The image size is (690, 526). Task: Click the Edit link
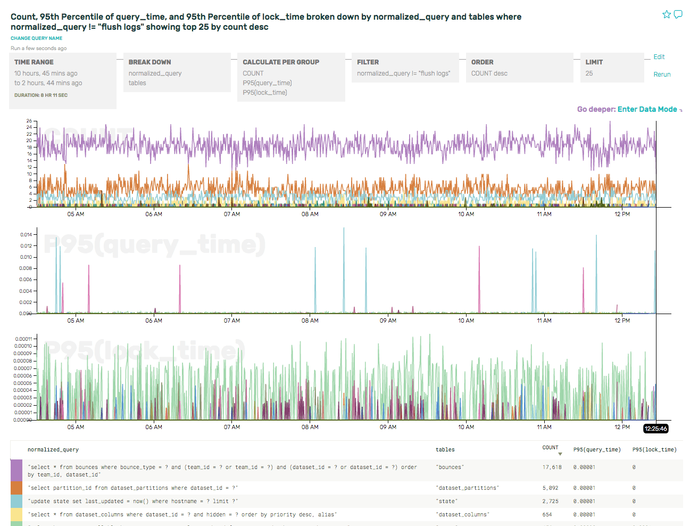pos(659,57)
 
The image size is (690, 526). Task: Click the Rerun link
pos(662,75)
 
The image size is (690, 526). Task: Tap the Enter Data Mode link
pos(647,109)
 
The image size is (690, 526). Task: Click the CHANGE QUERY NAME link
pos(37,38)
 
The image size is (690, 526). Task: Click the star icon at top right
pos(667,14)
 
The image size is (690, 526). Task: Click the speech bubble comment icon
pos(678,14)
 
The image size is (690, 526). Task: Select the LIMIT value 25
pos(589,73)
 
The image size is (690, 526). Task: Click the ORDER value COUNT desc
pos(489,73)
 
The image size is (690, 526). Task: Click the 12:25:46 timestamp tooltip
pos(655,429)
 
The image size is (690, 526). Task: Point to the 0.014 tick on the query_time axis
pos(26,235)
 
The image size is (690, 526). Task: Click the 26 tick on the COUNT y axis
pos(29,121)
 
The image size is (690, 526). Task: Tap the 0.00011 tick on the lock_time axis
pos(23,339)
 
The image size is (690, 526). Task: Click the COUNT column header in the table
pos(551,448)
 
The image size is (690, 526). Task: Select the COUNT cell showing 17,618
pos(552,467)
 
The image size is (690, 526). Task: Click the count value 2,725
pos(551,502)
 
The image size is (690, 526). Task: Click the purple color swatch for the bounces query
pos(16,471)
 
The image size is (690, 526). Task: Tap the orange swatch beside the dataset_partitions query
pos(16,488)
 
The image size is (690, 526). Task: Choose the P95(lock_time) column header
pos(654,450)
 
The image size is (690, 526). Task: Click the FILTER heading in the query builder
pos(368,62)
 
